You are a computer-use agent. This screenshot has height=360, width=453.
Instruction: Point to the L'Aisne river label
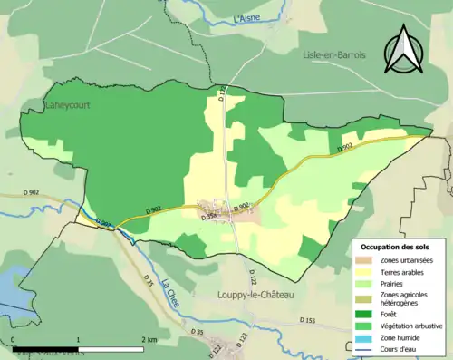pos(246,17)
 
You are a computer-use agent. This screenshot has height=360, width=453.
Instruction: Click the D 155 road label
pos(308,320)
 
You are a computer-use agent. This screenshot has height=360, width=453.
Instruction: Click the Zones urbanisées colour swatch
pos(366,260)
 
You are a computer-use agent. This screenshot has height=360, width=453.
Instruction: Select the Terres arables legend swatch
pos(366,272)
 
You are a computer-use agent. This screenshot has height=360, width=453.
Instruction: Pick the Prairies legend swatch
pos(366,284)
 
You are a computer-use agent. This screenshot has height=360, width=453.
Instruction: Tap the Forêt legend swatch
pos(366,311)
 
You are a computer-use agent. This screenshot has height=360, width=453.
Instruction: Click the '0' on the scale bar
pos(14,340)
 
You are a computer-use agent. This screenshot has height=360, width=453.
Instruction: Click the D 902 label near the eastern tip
pos(344,148)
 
